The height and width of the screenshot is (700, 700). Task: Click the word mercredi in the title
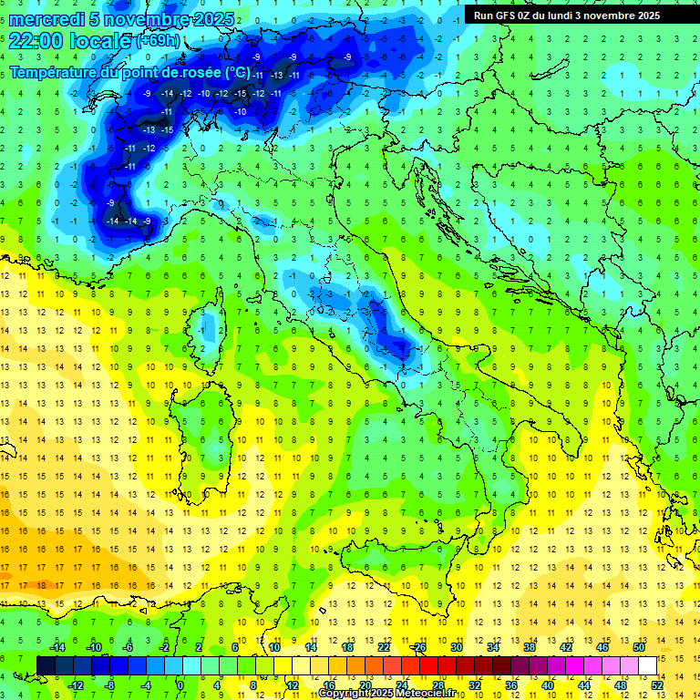point(46,19)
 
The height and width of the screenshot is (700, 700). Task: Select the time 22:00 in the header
point(38,41)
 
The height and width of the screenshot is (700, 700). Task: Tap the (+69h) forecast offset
point(159,41)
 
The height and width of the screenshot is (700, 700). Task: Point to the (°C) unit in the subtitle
point(236,72)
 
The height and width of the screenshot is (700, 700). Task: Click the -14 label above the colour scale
point(58,647)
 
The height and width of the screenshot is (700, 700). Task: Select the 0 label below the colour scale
point(180,685)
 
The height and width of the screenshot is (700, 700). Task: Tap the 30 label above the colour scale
point(457,647)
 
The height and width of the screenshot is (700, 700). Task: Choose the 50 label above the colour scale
point(638,647)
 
